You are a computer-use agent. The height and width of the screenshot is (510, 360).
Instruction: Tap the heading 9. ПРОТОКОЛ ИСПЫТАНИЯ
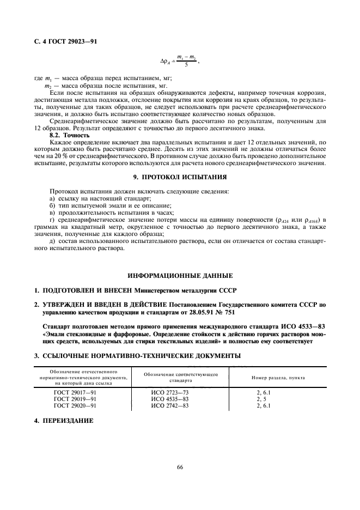pyautogui.click(x=180, y=178)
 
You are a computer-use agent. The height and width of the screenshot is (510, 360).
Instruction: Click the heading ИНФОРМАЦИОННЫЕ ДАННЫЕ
pyautogui.click(x=180, y=275)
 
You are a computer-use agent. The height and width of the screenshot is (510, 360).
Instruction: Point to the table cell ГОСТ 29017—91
pyautogui.click(x=75, y=392)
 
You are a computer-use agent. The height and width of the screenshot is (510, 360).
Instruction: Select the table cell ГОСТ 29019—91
pyautogui.click(x=75, y=399)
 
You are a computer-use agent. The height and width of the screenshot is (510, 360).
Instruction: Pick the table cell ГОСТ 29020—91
pyautogui.click(x=75, y=405)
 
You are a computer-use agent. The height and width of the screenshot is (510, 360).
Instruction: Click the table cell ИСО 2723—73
pyautogui.click(x=170, y=392)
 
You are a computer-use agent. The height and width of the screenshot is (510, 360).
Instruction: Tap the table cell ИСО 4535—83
pyautogui.click(x=170, y=399)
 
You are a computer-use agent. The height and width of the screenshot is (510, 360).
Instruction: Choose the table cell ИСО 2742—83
pyautogui.click(x=170, y=405)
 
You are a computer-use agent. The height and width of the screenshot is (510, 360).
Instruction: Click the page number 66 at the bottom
pyautogui.click(x=180, y=466)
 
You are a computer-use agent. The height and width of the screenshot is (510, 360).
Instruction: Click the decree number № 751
pyautogui.click(x=249, y=313)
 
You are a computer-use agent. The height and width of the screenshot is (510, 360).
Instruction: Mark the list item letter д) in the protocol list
pyautogui.click(x=52, y=241)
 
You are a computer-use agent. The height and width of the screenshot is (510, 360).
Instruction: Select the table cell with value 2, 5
pyautogui.click(x=262, y=399)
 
